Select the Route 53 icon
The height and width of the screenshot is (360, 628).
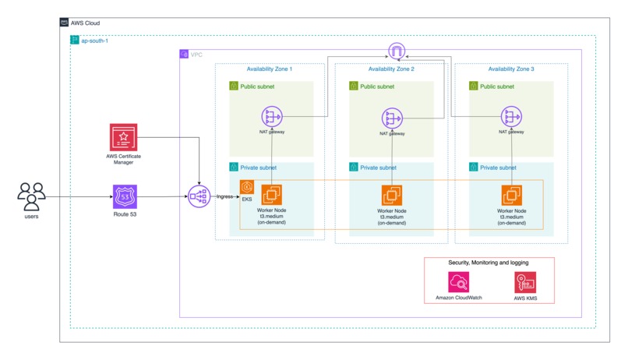(125, 196)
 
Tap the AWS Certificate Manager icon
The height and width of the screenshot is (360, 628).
(125, 138)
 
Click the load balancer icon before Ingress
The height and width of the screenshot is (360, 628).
(199, 197)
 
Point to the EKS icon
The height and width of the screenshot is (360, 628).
(247, 187)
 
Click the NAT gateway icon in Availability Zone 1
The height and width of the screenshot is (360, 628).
(272, 118)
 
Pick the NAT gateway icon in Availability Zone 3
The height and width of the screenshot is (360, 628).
(511, 118)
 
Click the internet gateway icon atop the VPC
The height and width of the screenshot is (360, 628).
(397, 52)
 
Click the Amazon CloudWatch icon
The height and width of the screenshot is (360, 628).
(459, 282)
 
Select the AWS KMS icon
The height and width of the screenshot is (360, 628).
(525, 282)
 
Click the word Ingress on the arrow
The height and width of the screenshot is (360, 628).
(225, 197)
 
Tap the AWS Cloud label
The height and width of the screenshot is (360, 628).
(85, 23)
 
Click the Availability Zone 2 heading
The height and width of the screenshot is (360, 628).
(391, 69)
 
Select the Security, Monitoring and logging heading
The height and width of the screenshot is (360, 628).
(489, 263)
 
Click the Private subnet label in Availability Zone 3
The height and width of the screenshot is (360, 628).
(498, 168)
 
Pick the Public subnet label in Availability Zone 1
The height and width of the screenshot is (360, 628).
(258, 86)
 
